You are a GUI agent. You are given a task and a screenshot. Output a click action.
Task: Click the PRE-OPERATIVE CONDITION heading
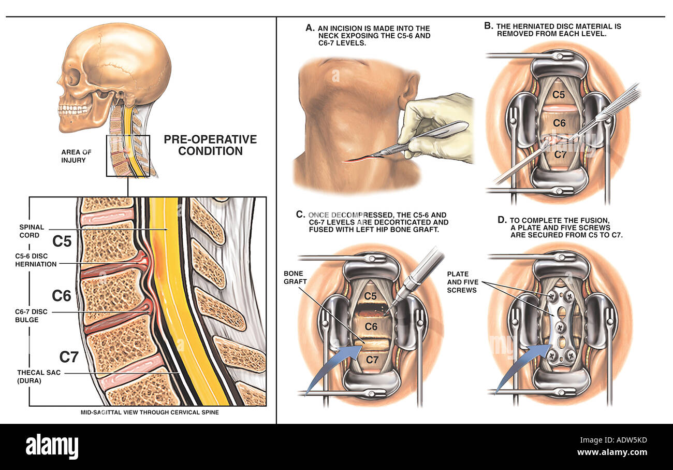tap(210, 145)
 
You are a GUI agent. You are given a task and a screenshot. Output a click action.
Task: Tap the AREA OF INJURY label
tap(76, 156)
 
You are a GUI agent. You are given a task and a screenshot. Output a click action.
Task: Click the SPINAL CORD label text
tap(32, 231)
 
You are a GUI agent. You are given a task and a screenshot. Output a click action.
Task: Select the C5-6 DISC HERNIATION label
tap(36, 260)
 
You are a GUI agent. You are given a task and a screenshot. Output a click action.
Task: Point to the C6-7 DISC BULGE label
tap(31, 316)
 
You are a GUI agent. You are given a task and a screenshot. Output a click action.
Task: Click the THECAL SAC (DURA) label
tap(39, 376)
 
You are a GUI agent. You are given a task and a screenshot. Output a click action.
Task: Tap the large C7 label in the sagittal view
tap(69, 357)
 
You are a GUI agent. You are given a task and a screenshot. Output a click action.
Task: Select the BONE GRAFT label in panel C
tap(295, 277)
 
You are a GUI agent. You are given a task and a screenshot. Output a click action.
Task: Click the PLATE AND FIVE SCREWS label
tap(462, 282)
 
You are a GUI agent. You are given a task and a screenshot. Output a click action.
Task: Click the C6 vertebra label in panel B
tap(559, 123)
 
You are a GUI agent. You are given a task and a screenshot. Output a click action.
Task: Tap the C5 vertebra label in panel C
tap(370, 296)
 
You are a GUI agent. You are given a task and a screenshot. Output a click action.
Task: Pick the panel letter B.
tap(489, 26)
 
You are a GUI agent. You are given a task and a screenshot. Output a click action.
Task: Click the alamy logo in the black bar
tap(52, 446)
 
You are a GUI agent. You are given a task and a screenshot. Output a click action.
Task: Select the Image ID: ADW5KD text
tap(613, 440)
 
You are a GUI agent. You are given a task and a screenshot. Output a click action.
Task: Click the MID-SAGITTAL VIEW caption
tap(150, 412)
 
